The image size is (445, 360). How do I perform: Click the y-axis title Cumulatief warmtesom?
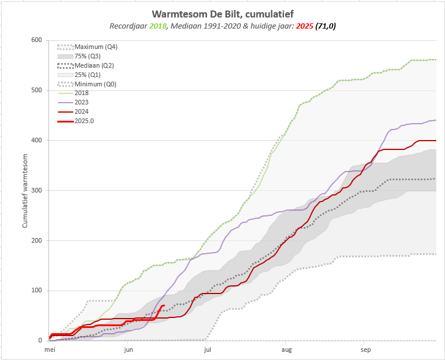[25, 190]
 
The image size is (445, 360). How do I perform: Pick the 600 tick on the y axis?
[37, 40]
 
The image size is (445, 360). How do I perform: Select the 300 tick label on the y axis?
[37, 190]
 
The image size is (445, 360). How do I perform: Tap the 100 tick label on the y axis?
[37, 291]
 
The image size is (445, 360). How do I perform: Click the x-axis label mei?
[50, 350]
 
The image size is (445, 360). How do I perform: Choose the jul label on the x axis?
[207, 350]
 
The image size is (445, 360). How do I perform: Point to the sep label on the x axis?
[366, 350]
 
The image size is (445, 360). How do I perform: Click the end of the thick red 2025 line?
[164, 305]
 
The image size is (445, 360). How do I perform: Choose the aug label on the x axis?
[286, 350]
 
